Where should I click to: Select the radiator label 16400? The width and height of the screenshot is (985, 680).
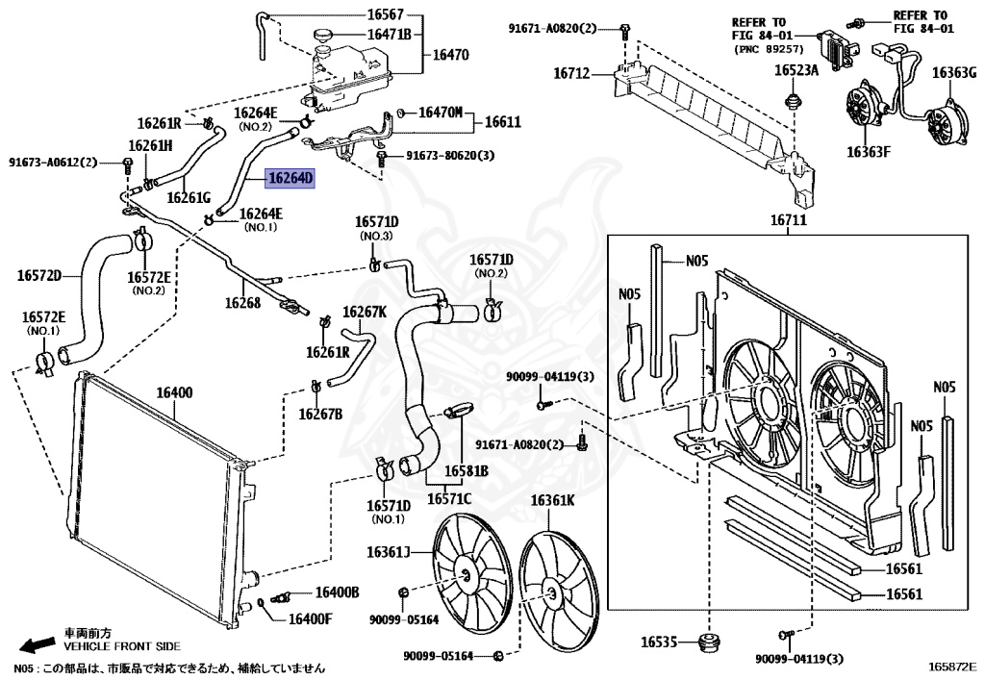(175, 392)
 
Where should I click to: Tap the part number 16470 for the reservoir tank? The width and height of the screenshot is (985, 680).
(451, 55)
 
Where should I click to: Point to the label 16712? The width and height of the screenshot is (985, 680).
(574, 73)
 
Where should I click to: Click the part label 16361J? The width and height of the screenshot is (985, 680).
(388, 551)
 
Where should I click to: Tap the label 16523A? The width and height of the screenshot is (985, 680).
(797, 70)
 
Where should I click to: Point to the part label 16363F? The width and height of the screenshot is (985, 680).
(869, 151)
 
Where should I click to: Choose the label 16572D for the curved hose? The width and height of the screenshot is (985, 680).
(39, 277)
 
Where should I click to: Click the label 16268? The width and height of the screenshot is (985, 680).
(242, 302)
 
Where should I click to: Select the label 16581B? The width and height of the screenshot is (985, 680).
(467, 470)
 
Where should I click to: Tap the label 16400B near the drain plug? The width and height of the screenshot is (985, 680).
(338, 592)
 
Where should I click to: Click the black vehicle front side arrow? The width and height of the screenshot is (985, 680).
(38, 643)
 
